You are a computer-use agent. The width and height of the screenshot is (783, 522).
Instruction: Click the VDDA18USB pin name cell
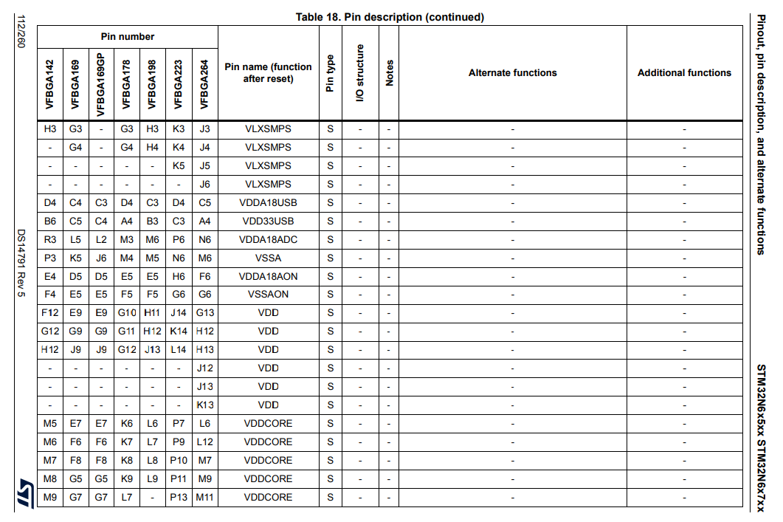point(268,202)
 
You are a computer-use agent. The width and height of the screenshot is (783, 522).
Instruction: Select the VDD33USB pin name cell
point(268,221)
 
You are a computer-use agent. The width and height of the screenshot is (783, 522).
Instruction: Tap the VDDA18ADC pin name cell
point(268,239)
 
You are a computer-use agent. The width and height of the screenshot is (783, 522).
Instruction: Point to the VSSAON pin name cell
point(268,294)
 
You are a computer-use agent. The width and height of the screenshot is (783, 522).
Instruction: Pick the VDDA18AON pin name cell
point(268,276)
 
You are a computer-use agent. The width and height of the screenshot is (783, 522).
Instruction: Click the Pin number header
point(128,36)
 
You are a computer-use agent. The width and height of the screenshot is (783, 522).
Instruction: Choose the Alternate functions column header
point(512,72)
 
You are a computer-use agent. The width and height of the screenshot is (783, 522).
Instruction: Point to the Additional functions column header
point(684,72)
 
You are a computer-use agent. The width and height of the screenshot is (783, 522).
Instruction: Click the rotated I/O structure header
point(360,72)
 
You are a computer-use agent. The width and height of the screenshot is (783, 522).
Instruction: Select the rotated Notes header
point(389,72)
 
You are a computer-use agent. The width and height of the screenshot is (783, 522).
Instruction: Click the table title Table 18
point(390,17)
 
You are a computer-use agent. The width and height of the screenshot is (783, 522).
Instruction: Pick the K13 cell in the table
point(204,405)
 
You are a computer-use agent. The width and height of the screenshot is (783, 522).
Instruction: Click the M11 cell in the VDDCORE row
point(204,497)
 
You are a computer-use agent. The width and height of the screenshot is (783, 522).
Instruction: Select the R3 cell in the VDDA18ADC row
point(50,239)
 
